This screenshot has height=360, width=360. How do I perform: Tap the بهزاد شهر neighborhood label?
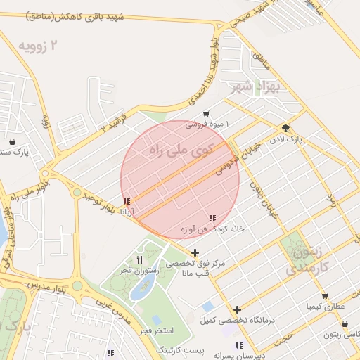pyautogui.click(x=255, y=87)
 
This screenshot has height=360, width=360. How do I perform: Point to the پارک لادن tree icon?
pyautogui.click(x=285, y=128)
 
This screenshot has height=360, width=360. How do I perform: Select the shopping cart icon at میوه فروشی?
pyautogui.click(x=206, y=113)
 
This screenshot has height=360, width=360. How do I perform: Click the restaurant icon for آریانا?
pyautogui.click(x=127, y=202)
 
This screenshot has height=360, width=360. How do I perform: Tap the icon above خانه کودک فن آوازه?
pyautogui.click(x=212, y=218)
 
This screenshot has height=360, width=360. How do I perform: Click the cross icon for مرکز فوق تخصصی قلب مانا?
pyautogui.click(x=195, y=252)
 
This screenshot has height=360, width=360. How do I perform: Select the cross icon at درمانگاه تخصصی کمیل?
pyautogui.click(x=238, y=309)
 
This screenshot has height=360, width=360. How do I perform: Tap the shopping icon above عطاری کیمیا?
pyautogui.click(x=324, y=296)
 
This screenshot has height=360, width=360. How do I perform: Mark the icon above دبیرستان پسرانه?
pyautogui.click(x=239, y=345)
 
